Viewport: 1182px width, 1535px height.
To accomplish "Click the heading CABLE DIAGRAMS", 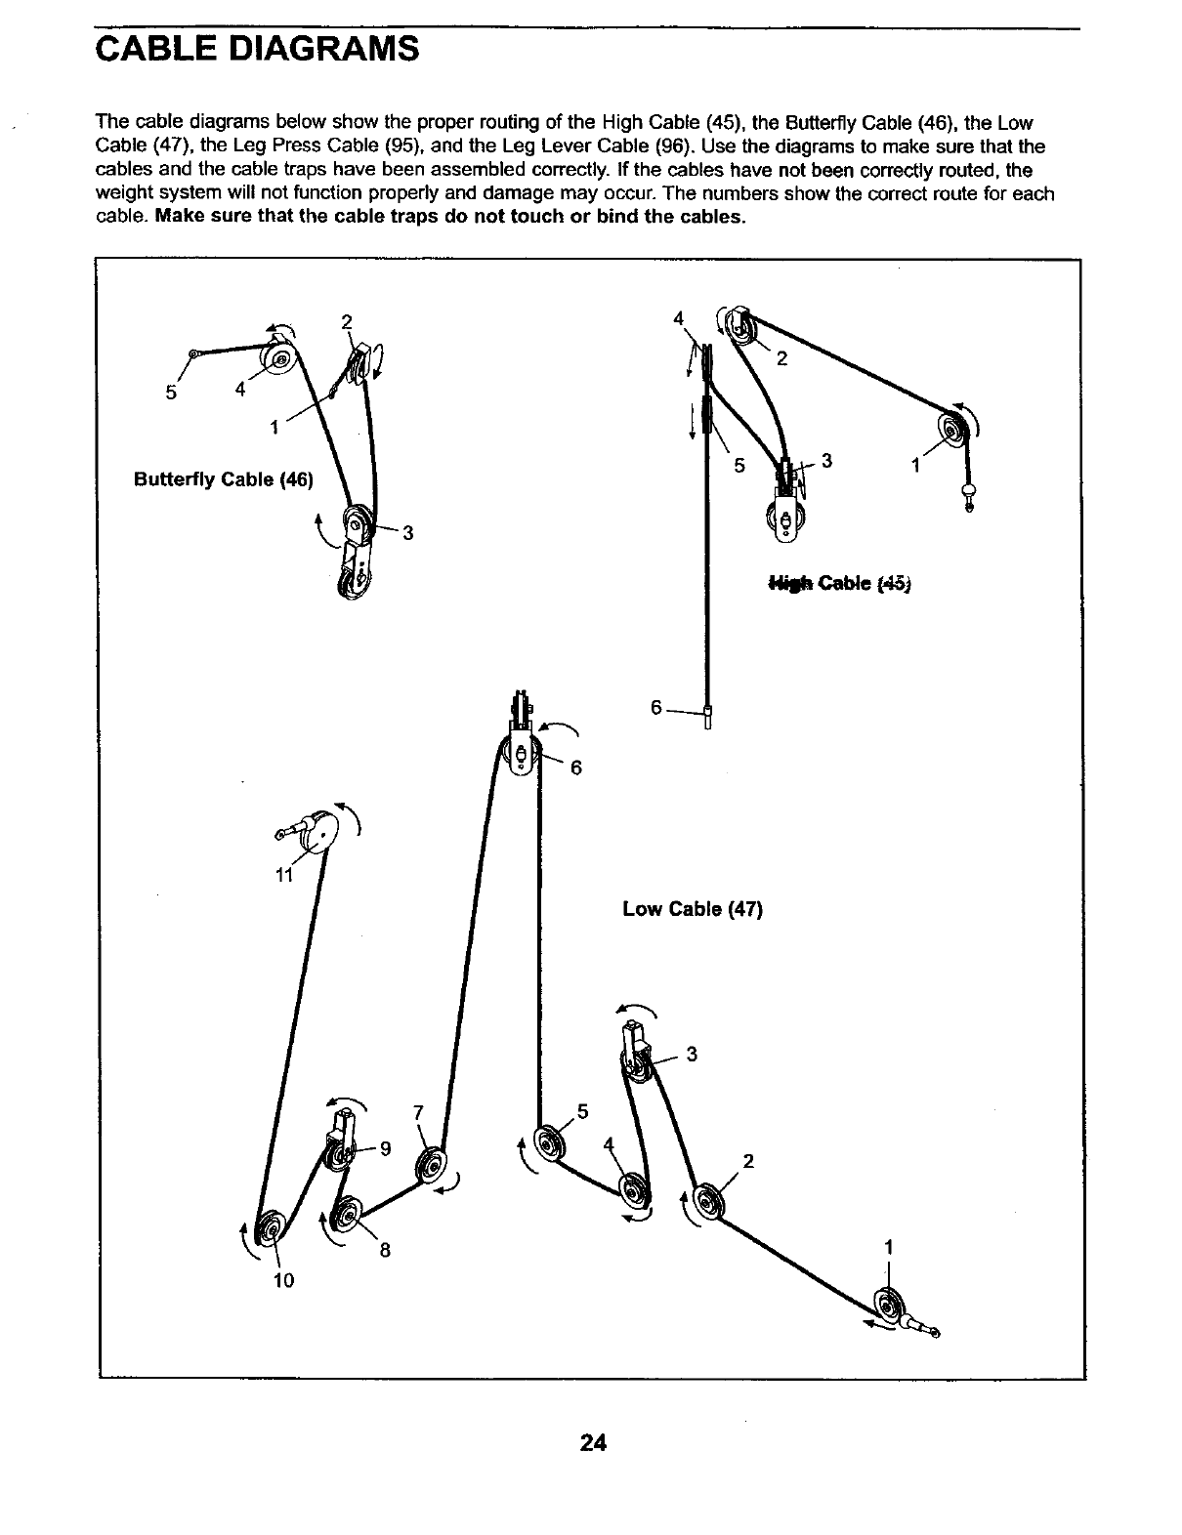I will click(257, 48).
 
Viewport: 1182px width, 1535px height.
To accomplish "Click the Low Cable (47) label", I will click(692, 909).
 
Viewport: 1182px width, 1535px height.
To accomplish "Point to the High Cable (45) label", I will click(839, 584).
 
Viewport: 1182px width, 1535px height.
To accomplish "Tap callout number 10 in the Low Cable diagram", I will click(283, 1280).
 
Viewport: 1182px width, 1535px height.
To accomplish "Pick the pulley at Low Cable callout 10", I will click(268, 1227).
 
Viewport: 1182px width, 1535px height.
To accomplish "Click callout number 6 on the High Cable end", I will click(656, 707).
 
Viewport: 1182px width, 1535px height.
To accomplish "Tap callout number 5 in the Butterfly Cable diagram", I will click(172, 393).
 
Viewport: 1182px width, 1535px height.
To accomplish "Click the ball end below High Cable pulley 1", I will click(970, 493).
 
